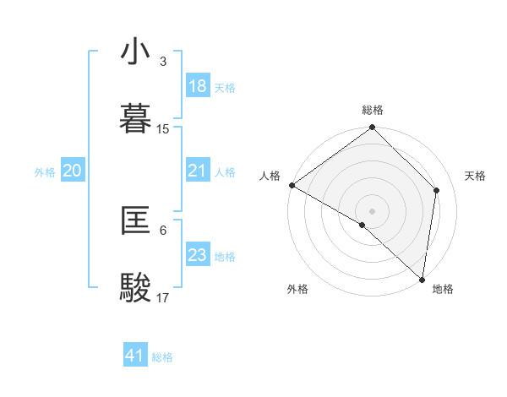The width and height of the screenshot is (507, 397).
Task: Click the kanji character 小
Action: (x=136, y=52)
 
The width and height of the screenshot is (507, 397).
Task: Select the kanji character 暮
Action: (x=136, y=118)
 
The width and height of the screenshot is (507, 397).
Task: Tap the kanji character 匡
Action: (x=136, y=221)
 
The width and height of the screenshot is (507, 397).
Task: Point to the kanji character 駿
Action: (x=136, y=287)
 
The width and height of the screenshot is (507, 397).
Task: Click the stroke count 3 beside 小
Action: (x=162, y=62)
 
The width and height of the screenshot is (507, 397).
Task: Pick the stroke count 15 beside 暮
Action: (x=163, y=129)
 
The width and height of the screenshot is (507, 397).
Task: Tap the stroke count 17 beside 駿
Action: (x=163, y=298)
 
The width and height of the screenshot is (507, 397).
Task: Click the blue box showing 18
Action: (x=197, y=86)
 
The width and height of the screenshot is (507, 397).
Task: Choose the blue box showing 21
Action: (x=197, y=171)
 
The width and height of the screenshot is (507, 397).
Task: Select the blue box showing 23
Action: (x=197, y=255)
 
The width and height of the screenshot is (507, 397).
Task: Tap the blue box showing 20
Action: (x=72, y=171)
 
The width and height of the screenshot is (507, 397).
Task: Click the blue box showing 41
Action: (x=135, y=356)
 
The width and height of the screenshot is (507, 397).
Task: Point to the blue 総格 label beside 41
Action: (x=162, y=357)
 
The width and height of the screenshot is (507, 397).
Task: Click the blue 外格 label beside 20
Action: (x=45, y=172)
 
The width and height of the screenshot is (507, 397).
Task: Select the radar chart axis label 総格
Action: (x=373, y=110)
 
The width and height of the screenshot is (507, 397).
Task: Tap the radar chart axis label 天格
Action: (x=476, y=176)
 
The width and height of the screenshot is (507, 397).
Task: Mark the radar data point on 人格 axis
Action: (x=292, y=185)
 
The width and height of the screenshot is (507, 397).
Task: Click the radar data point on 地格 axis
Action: (x=422, y=279)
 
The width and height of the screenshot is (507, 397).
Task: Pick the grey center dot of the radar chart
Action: (x=373, y=210)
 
